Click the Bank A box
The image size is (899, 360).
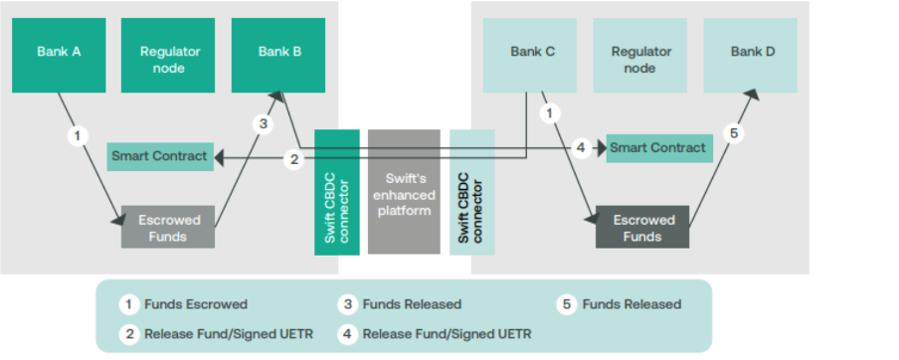(59, 51)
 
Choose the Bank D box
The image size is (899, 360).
(753, 51)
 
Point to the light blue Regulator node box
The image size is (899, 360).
(641, 59)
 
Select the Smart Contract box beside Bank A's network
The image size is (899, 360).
(159, 156)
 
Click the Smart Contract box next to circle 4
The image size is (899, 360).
(657, 148)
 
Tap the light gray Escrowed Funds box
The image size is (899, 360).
(168, 228)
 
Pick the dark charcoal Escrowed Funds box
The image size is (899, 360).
(642, 228)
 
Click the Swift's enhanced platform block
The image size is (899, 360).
(404, 192)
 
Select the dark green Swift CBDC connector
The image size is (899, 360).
(337, 192)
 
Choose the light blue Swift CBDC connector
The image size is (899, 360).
(471, 192)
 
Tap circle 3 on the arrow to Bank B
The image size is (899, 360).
(263, 124)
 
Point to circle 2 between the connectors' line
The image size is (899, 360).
(293, 158)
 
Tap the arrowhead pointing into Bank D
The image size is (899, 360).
(754, 94)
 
